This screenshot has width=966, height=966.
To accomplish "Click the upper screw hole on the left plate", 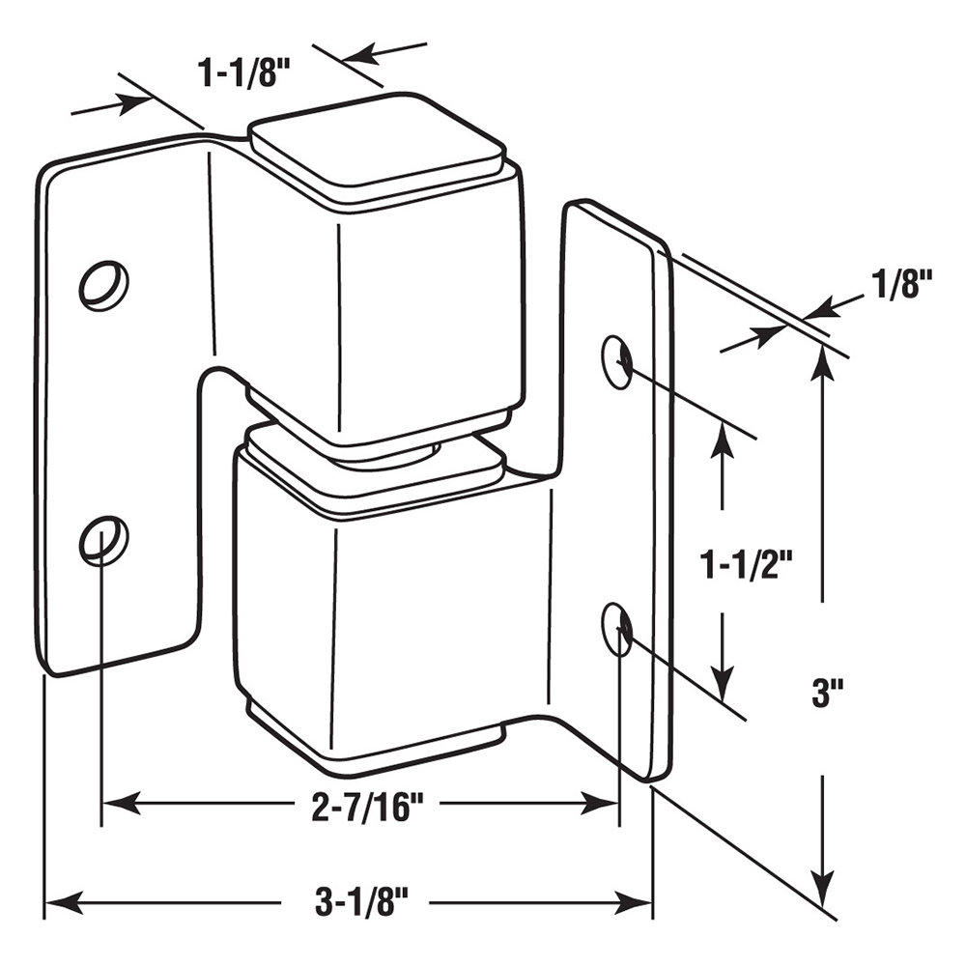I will coord(103,283).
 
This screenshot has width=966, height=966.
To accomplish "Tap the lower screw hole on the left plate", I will coord(103,539).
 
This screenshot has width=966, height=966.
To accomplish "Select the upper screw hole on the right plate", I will coord(618,361).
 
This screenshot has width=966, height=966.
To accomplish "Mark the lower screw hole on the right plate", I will coord(618,629).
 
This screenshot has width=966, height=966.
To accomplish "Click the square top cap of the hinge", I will coord(378,145).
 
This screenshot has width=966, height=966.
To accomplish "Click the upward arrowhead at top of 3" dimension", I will coord(821,358).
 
